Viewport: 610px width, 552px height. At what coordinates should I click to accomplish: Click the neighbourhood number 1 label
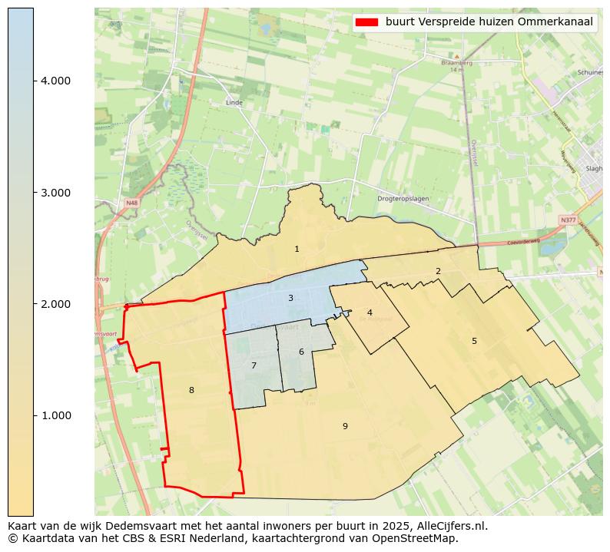tap(297, 250)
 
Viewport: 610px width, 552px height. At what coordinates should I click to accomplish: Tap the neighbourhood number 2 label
tap(438, 271)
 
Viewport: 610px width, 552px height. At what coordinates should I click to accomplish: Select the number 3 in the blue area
tap(290, 298)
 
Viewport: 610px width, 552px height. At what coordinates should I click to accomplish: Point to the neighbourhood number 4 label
tap(370, 312)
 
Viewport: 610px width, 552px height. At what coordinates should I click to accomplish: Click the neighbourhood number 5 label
tap(474, 341)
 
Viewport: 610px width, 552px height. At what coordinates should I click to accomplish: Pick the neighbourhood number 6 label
tap(301, 352)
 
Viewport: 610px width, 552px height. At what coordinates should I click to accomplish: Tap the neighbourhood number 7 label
tap(254, 365)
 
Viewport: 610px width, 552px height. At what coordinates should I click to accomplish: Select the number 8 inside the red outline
tap(191, 390)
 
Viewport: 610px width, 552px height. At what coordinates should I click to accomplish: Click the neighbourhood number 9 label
tap(345, 426)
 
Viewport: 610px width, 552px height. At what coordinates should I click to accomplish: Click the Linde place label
tap(234, 102)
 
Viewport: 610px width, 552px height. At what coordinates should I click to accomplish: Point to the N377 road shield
tap(568, 220)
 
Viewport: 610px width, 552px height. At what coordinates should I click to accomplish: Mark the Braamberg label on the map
tap(455, 62)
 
